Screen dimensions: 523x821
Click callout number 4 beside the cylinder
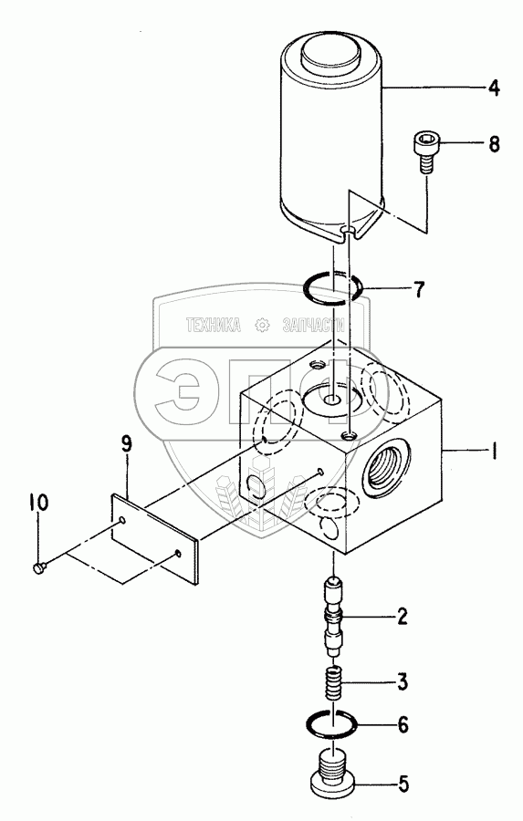click(x=494, y=88)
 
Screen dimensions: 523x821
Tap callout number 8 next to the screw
click(x=494, y=143)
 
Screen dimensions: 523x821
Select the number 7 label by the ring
click(x=419, y=289)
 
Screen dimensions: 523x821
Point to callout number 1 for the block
click(x=493, y=451)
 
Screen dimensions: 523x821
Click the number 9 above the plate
click(x=126, y=444)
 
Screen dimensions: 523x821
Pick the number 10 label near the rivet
click(x=37, y=504)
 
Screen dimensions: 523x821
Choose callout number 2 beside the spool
click(x=402, y=617)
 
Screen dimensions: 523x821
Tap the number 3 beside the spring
click(x=402, y=682)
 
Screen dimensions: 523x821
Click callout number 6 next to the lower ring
click(x=403, y=725)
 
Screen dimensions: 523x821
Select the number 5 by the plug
click(x=403, y=784)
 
